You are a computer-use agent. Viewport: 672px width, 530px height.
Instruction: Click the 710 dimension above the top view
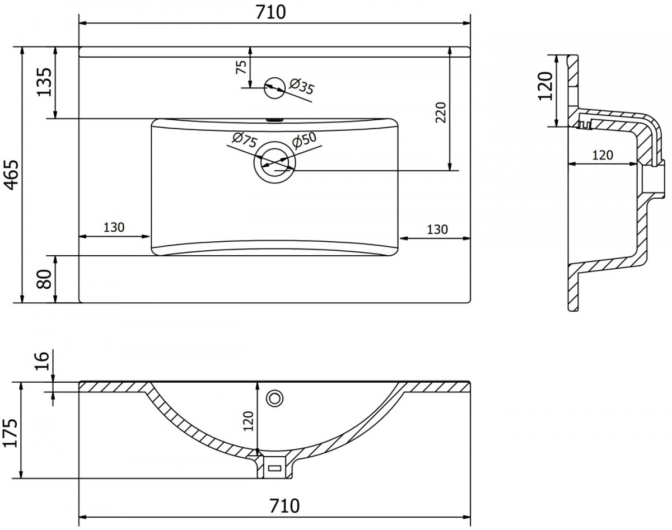[270, 12]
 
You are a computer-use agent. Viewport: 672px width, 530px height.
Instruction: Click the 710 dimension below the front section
[284, 506]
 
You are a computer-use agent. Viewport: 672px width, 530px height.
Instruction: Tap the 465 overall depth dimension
[12, 175]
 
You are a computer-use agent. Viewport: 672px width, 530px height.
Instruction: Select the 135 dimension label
[44, 82]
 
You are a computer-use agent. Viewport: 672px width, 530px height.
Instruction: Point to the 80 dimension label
[44, 279]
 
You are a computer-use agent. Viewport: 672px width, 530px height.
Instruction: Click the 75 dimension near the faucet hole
[241, 67]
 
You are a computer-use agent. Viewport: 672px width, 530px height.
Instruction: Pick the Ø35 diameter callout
[301, 86]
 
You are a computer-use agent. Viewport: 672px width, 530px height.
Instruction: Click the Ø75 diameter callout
[245, 139]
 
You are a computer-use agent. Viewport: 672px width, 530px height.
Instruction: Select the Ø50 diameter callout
[304, 139]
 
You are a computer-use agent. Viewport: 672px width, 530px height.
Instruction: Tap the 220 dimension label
[441, 112]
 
